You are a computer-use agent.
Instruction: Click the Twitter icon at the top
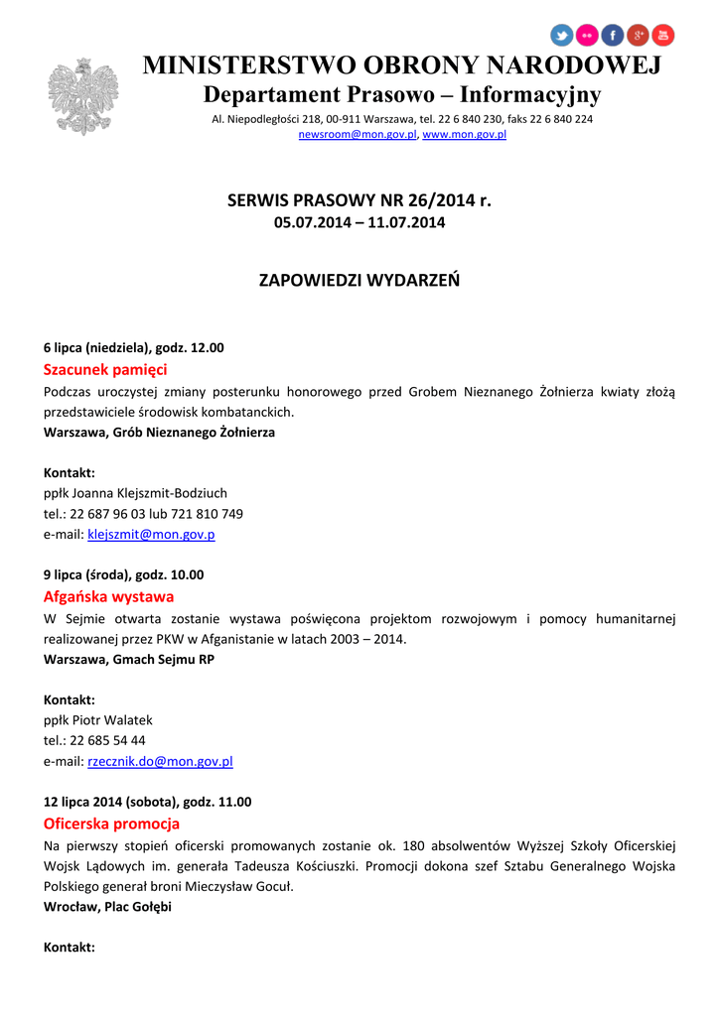[x=562, y=36]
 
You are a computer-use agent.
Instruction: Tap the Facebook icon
[x=613, y=36]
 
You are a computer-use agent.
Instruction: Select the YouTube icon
[x=663, y=36]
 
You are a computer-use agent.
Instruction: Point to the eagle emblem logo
[x=82, y=96]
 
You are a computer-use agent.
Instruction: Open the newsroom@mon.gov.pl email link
[x=358, y=134]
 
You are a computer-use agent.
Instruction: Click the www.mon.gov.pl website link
[x=465, y=134]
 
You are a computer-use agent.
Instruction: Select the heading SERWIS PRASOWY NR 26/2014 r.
[x=360, y=200]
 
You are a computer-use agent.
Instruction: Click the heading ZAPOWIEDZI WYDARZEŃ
[x=360, y=280]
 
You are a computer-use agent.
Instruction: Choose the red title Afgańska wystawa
[x=108, y=596]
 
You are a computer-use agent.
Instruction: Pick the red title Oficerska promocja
[x=111, y=824]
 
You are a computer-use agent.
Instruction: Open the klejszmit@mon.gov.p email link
[x=151, y=535]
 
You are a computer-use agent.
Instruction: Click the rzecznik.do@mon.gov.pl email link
[x=160, y=762]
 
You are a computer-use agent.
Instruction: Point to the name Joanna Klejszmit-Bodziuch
[x=156, y=493]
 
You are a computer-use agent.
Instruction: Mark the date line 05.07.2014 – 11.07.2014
[x=360, y=223]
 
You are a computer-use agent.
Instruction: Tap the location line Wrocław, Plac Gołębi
[x=107, y=907]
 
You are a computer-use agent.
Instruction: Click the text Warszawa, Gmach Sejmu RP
[x=129, y=659]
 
